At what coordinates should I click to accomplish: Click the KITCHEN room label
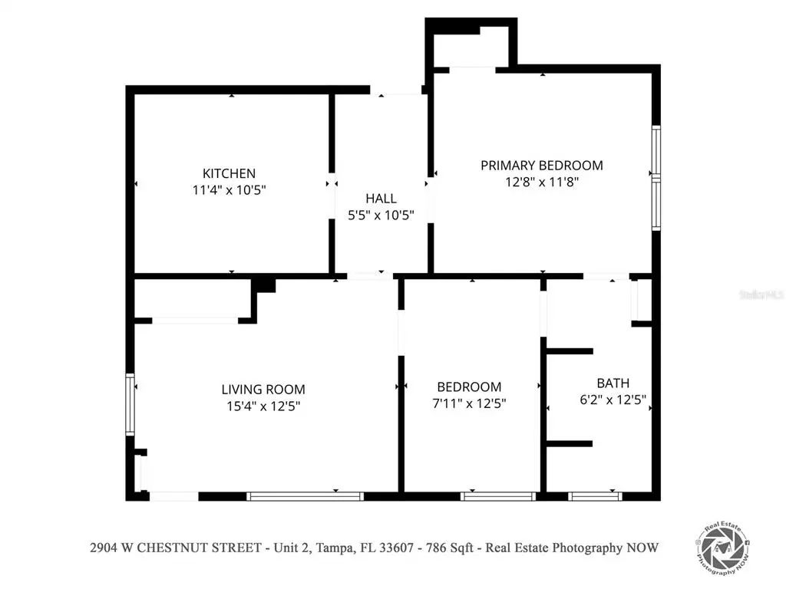(229, 173)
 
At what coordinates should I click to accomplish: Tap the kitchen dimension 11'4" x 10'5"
(229, 190)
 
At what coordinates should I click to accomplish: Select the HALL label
(381, 199)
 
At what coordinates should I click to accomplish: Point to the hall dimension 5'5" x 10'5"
(381, 215)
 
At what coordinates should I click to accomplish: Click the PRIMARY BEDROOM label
(542, 166)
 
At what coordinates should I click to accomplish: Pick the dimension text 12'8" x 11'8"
(542, 181)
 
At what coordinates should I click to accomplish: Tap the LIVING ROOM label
(263, 389)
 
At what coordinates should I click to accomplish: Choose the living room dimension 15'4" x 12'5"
(263, 406)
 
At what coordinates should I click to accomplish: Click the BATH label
(613, 383)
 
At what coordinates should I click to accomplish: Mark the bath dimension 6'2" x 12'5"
(613, 400)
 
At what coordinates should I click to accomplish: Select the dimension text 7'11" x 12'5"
(469, 403)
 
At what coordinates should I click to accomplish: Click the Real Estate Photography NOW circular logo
(722, 548)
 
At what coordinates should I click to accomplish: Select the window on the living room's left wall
(130, 404)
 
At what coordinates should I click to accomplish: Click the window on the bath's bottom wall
(595, 496)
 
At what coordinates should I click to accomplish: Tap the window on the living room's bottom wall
(305, 496)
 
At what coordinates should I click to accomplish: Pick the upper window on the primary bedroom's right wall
(656, 151)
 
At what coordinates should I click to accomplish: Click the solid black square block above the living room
(263, 285)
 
